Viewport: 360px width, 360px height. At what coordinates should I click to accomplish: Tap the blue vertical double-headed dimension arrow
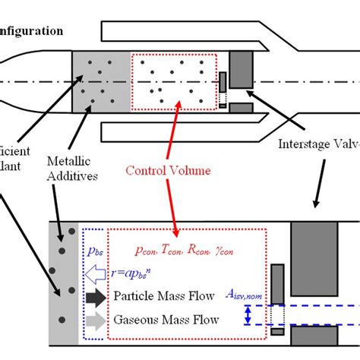248,315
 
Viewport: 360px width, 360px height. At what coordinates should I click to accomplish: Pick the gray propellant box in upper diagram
99,81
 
